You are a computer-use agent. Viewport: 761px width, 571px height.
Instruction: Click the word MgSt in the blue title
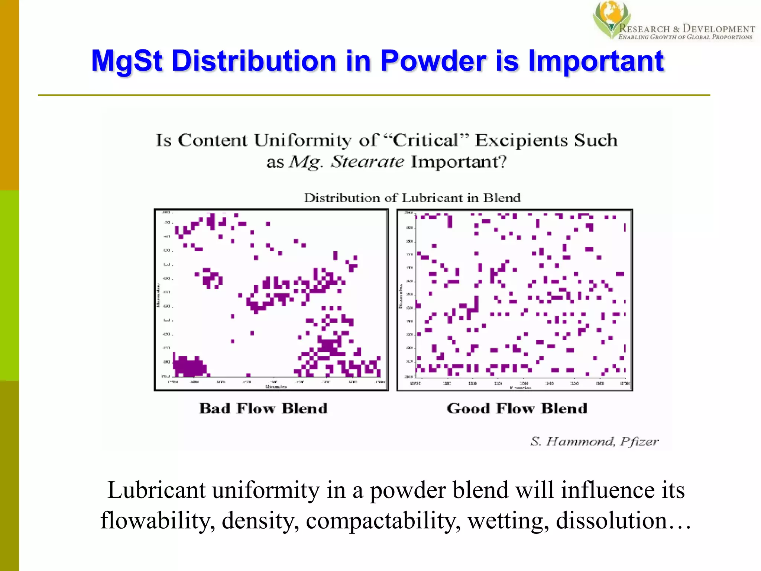(127, 61)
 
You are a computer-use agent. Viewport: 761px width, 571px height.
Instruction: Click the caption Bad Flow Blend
(263, 409)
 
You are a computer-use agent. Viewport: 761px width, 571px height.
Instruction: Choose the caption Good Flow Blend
(517, 409)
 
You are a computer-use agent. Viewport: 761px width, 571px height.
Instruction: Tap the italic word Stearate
(367, 162)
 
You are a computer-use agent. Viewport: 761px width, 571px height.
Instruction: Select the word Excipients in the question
(521, 141)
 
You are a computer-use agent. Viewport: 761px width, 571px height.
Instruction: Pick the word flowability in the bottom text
(158, 520)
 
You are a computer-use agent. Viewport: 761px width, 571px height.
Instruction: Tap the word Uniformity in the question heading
(302, 141)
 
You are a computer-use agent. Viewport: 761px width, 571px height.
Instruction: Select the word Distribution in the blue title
(254, 61)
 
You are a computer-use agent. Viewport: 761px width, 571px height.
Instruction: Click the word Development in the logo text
(719, 29)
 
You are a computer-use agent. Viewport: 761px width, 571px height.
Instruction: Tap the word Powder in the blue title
(433, 61)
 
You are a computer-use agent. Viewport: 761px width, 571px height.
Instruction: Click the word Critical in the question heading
(425, 141)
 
